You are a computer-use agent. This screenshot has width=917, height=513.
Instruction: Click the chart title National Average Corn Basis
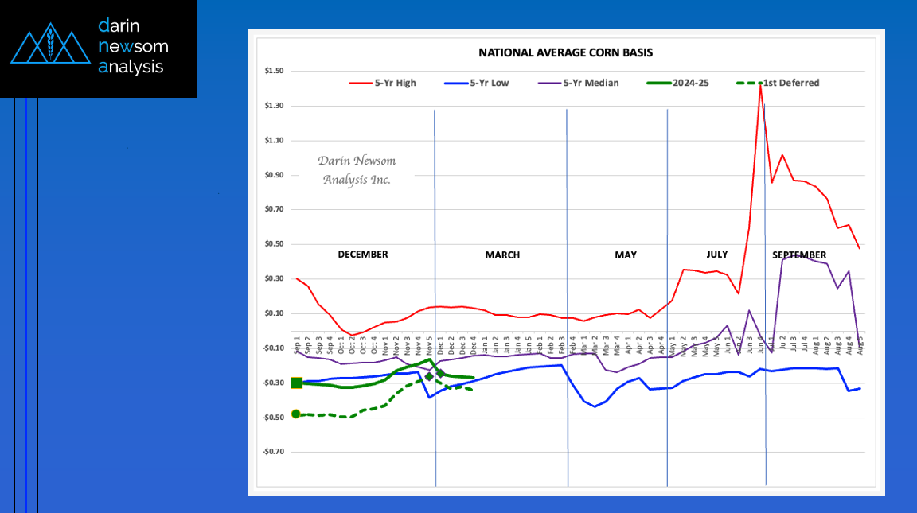(565, 53)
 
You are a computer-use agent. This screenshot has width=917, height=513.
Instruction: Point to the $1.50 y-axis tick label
(275, 72)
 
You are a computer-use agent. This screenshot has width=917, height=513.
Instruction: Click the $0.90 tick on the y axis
(275, 175)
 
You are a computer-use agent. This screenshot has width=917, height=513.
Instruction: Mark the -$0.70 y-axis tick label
(273, 452)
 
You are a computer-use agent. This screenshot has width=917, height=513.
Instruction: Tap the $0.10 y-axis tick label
(275, 313)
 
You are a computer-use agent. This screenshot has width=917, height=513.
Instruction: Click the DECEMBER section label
(363, 255)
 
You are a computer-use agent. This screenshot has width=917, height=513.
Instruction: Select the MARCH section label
(502, 255)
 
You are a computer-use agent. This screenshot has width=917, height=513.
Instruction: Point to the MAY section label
(626, 255)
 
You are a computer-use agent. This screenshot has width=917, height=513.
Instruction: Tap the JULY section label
(717, 255)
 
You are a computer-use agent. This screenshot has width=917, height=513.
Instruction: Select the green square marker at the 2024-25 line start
(296, 383)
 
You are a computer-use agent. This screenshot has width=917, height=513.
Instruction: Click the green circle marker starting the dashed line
(296, 414)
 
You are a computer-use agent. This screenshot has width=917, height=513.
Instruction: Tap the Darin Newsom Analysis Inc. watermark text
(357, 170)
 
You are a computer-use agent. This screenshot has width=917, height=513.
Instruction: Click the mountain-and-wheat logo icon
(49, 47)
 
